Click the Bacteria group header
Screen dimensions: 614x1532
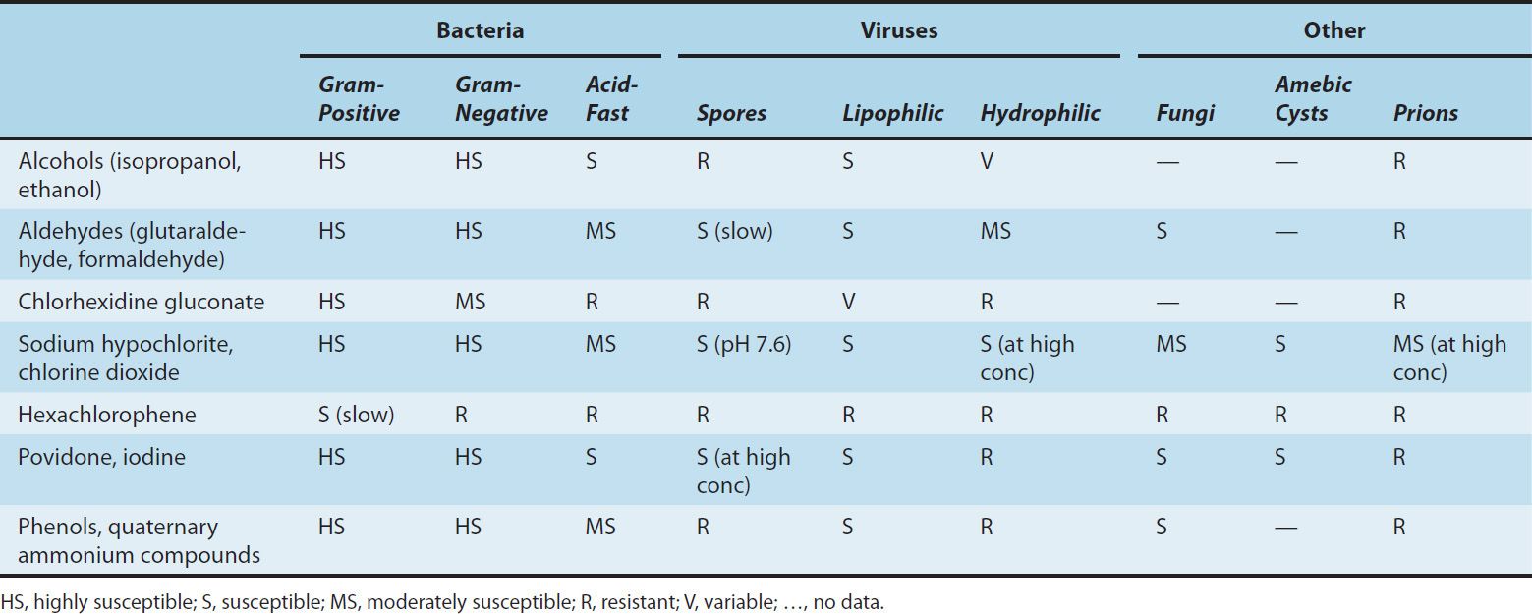(x=480, y=30)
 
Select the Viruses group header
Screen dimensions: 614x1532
(x=898, y=30)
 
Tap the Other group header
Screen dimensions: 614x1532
(x=1333, y=30)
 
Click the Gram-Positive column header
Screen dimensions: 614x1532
(x=359, y=99)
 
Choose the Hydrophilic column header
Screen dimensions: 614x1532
(x=1040, y=113)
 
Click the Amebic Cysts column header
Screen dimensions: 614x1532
(x=1313, y=99)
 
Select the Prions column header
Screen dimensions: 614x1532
(x=1425, y=113)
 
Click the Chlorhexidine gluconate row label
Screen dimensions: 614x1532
(x=141, y=302)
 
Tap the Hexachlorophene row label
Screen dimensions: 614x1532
(x=106, y=415)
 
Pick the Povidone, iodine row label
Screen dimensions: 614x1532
(x=101, y=457)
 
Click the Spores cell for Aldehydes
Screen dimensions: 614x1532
(x=734, y=231)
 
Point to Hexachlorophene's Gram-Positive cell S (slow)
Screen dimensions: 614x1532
(x=356, y=415)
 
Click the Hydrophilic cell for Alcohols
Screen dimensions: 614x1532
(x=987, y=161)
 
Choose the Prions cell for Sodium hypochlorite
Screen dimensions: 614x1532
(x=1448, y=358)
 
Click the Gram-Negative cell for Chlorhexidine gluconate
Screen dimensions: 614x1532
(x=469, y=302)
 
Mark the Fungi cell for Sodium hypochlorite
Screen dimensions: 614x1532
(x=1170, y=344)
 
